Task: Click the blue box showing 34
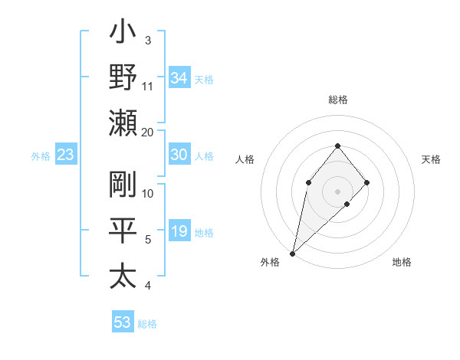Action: (x=179, y=78)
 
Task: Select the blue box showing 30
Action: (x=179, y=155)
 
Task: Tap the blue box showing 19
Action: (x=179, y=231)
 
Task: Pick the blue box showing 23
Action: (x=66, y=155)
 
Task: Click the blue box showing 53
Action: (x=123, y=322)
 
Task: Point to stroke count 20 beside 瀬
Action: (x=148, y=132)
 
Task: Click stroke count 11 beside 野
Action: (x=148, y=86)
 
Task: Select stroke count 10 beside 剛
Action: (x=148, y=193)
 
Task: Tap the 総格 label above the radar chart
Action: (x=337, y=100)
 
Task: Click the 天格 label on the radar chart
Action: (x=432, y=159)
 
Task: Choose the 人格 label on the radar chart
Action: (x=245, y=159)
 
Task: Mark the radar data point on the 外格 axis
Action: (x=292, y=253)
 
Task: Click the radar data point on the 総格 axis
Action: (x=337, y=146)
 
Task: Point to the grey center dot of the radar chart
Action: (x=337, y=191)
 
